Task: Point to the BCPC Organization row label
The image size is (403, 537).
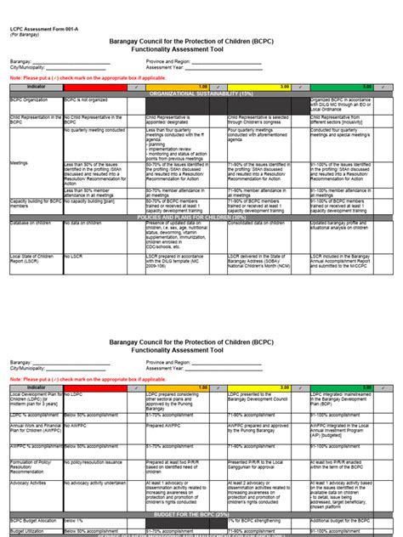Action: pos(31,100)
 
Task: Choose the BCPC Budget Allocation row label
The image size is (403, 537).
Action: pos(35,521)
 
